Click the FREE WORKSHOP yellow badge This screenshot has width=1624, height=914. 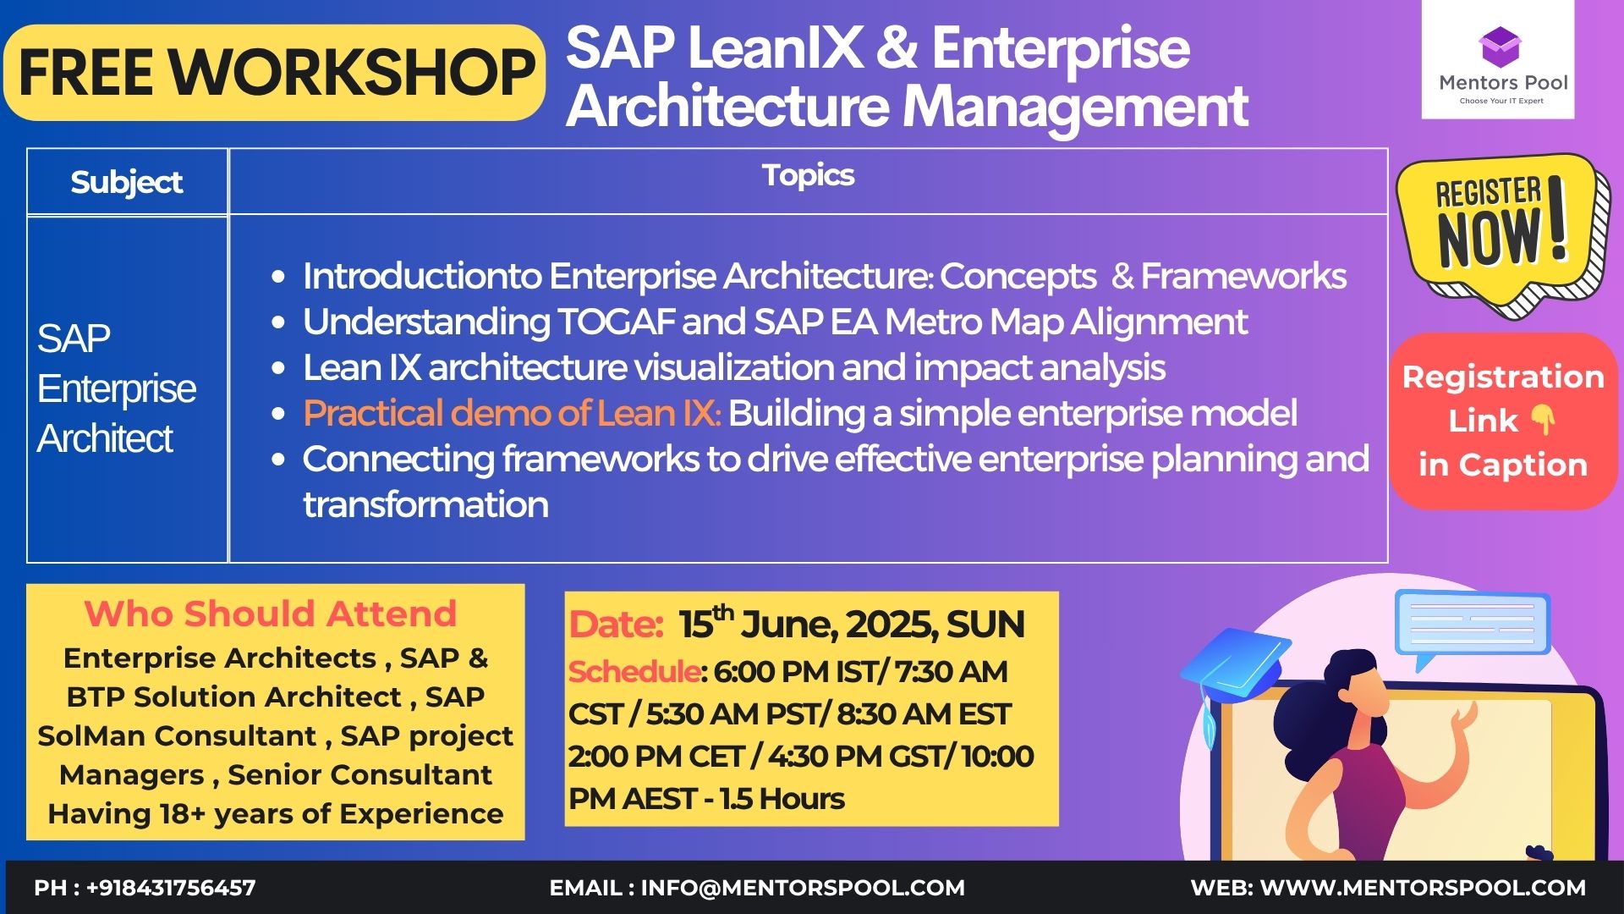click(274, 73)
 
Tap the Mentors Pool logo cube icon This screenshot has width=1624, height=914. click(1499, 47)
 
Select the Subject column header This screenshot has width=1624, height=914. click(127, 182)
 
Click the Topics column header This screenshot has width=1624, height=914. click(808, 175)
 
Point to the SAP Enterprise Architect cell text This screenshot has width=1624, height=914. click(117, 388)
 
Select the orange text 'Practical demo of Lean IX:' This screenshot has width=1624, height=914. click(512, 413)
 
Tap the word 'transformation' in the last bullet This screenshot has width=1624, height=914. click(425, 504)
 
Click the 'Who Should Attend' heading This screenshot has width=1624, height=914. click(271, 614)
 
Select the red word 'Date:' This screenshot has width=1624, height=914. click(616, 625)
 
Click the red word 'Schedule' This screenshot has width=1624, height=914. click(634, 672)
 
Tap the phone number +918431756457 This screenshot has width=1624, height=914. click(171, 888)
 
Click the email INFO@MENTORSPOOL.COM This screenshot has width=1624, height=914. click(803, 888)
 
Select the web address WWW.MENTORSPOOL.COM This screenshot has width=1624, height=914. click(1423, 888)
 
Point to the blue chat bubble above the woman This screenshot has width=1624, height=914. click(1472, 626)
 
